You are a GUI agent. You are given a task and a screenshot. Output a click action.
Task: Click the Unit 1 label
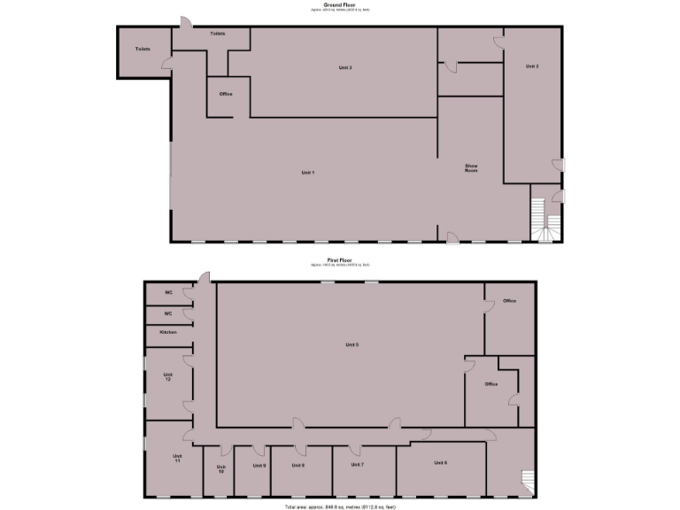[308, 172]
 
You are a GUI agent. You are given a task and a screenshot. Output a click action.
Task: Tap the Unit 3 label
[345, 68]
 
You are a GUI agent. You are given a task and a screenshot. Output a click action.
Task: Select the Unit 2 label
[531, 66]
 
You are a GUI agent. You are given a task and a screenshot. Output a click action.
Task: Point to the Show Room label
[471, 167]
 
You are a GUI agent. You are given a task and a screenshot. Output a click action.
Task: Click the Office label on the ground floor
[225, 94]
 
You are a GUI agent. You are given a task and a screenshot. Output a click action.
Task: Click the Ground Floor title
[341, 4]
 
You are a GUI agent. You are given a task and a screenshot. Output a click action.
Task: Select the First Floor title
[341, 260]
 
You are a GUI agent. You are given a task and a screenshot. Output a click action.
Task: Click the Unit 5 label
[352, 344]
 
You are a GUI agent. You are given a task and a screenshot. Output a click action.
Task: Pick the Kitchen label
[167, 332]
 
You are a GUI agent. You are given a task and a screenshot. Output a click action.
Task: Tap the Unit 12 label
[167, 376]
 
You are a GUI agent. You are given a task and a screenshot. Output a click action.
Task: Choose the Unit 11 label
[177, 459]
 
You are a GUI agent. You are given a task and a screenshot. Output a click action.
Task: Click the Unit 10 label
[221, 469]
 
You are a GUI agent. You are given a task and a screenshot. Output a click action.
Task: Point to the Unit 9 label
[259, 465]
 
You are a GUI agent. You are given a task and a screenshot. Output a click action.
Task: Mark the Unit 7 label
[357, 464]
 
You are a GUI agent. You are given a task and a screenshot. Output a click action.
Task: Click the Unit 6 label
[440, 463]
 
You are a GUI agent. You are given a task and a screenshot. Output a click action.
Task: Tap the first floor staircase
[528, 481]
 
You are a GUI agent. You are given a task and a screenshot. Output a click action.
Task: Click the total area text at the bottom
[341, 506]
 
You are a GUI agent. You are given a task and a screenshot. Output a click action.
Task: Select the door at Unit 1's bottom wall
[452, 236]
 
